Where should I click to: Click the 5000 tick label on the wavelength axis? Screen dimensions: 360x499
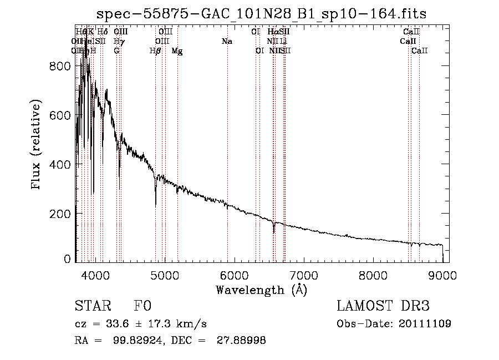pos(164,275)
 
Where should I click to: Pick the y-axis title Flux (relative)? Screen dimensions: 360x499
pos(37,145)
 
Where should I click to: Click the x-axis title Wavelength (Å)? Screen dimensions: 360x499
pos(262,290)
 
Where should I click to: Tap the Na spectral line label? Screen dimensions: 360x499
pos(226,41)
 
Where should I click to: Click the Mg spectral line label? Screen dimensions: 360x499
pos(177,51)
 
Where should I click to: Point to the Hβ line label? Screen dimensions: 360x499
pos(155,51)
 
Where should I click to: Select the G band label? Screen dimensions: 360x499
pos(116,51)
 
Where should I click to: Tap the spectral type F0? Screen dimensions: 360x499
pos(142,306)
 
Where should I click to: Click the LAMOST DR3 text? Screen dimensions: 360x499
pos(383,306)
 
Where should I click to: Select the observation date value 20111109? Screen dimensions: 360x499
pos(426,323)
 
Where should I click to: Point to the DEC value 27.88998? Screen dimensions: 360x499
pos(243,341)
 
